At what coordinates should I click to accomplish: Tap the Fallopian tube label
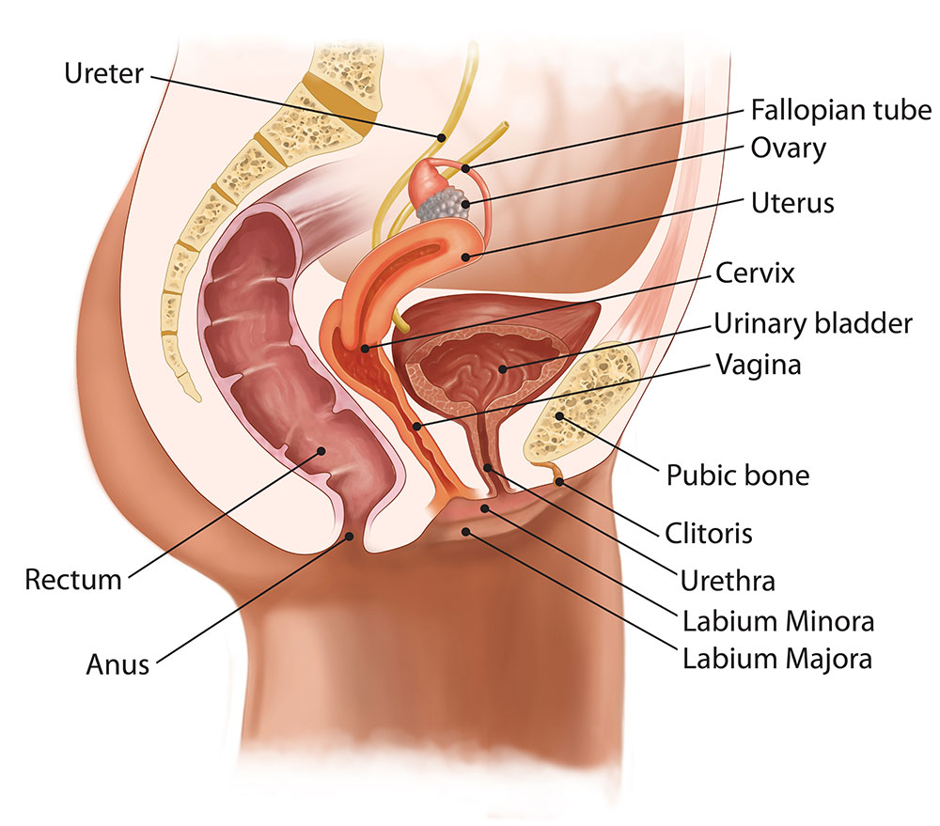point(840,111)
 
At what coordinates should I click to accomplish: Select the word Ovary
point(788,148)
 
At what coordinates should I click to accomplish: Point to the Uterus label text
point(792,201)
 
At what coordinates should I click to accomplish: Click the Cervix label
point(755,273)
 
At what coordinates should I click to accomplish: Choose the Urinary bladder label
point(813,323)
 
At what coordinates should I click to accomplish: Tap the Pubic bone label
point(737,475)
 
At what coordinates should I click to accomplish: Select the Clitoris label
point(711,533)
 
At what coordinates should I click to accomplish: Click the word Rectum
point(73,579)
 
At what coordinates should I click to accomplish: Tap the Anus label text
point(116,664)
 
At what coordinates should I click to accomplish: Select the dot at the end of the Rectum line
point(322,451)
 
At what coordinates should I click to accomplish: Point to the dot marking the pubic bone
point(560,414)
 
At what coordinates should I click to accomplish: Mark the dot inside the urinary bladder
point(504,368)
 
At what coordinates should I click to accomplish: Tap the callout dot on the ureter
point(440,137)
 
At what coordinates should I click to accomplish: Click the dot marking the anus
point(352,536)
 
